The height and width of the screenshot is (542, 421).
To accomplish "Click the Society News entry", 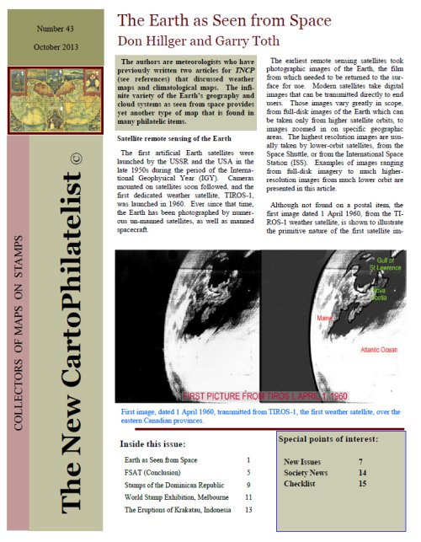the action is [x=312, y=474].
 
